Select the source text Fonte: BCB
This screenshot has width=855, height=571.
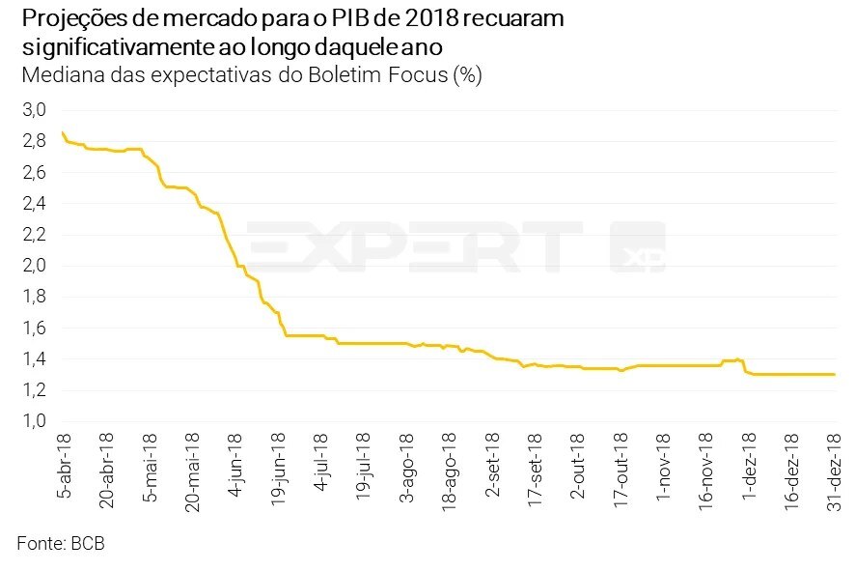(x=60, y=544)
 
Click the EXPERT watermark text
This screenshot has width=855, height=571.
(x=415, y=246)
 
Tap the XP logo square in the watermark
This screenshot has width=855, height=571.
(x=638, y=246)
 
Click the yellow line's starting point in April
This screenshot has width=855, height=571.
(x=62, y=132)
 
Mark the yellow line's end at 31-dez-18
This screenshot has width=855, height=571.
(x=834, y=374)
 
